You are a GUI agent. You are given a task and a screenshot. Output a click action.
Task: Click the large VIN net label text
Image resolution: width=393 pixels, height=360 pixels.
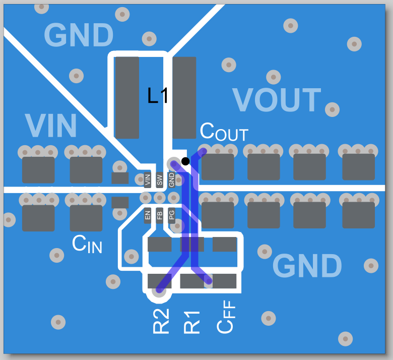point(50,126)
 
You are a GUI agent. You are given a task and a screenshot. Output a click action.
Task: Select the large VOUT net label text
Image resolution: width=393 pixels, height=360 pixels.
point(277,100)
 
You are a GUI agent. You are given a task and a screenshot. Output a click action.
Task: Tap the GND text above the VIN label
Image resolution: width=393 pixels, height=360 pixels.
point(79,35)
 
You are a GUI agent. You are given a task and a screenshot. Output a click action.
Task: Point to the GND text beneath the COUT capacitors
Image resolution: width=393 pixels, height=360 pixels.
point(307,266)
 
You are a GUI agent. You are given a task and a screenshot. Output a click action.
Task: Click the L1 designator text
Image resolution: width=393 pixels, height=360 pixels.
point(158,96)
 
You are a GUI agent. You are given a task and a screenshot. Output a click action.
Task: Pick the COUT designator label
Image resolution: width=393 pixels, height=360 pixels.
point(224,132)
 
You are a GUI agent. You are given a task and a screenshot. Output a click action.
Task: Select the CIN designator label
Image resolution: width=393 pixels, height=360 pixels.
point(87,245)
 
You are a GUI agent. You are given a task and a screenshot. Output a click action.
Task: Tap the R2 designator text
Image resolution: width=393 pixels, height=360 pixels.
point(161,321)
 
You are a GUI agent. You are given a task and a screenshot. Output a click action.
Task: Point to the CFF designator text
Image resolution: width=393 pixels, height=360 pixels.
point(226,316)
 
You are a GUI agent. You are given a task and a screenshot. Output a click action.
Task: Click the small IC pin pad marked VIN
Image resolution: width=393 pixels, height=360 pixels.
point(148,179)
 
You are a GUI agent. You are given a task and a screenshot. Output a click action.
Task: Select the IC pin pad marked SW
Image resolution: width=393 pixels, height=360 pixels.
point(160,179)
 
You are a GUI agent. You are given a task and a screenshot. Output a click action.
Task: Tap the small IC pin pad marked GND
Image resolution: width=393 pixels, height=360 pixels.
point(172,179)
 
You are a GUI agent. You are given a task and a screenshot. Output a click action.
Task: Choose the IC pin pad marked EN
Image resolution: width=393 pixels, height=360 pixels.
point(148,215)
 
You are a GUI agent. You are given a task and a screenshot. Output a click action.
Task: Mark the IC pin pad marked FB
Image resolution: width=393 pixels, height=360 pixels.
point(160,215)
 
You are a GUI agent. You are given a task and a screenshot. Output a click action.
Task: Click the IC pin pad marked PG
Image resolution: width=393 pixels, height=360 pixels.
point(172,215)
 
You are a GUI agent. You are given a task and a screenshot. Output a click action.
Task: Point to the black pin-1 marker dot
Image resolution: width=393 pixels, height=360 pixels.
point(185,161)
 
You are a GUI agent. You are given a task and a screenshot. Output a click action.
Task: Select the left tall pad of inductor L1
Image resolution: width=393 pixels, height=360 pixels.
point(127,97)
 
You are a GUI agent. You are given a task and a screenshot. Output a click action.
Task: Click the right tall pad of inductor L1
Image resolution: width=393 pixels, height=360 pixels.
point(184,97)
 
